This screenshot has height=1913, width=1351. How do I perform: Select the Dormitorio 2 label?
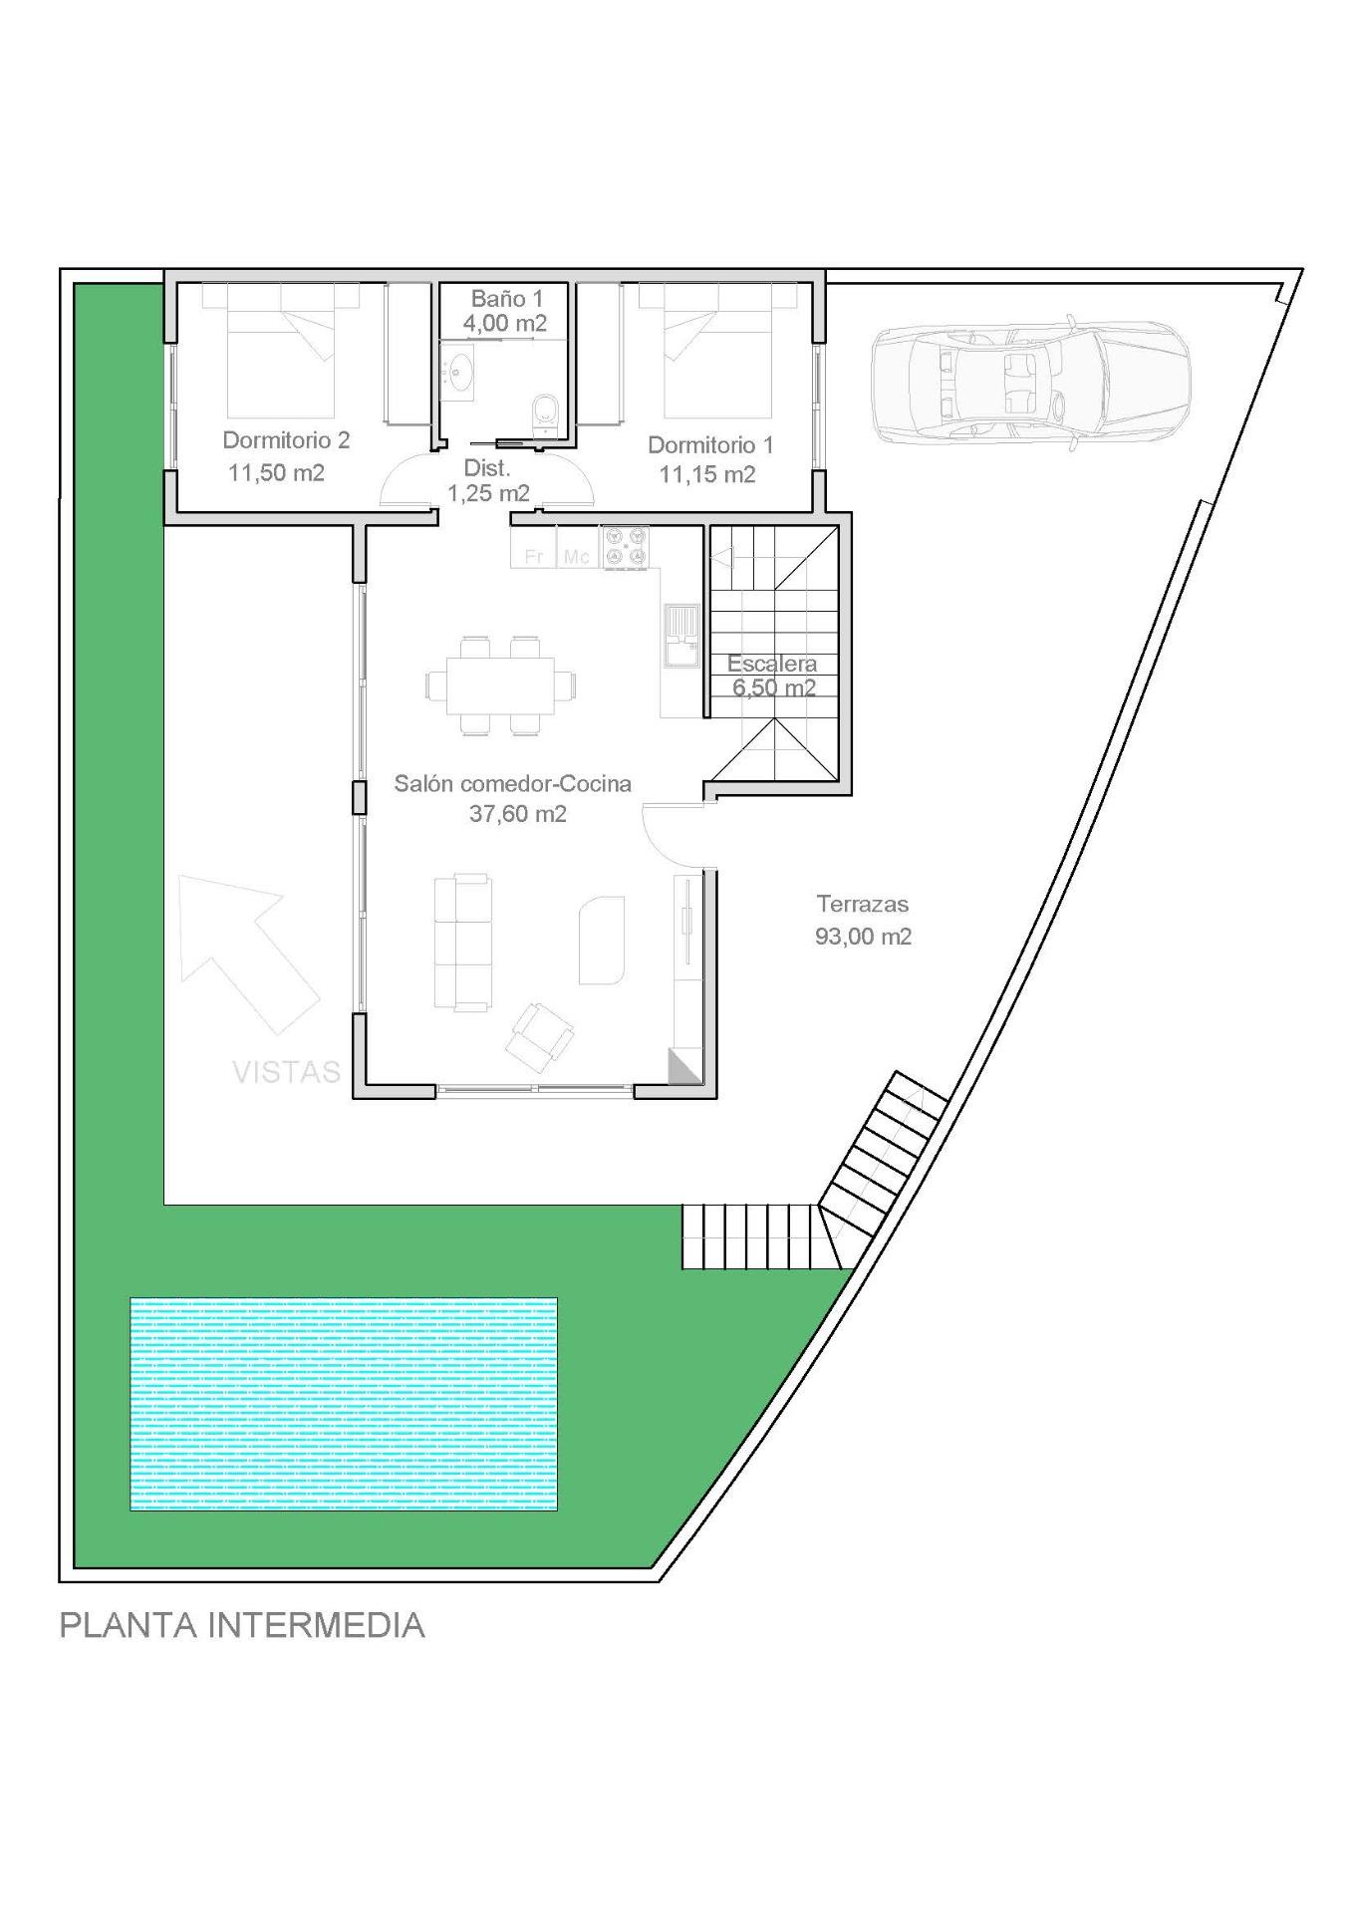click(x=286, y=439)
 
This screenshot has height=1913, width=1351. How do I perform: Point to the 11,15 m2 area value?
click(x=706, y=474)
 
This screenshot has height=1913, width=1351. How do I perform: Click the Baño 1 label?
click(x=506, y=298)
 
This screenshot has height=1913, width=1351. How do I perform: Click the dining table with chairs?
click(x=500, y=684)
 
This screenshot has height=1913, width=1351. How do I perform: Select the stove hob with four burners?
click(x=625, y=548)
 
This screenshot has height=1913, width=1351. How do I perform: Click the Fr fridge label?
click(x=534, y=556)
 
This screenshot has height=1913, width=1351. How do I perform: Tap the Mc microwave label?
click(x=576, y=556)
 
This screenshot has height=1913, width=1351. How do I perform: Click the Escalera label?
click(x=771, y=664)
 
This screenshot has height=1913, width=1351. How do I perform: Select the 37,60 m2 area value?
click(x=517, y=814)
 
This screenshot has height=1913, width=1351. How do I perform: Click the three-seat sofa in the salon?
click(x=462, y=942)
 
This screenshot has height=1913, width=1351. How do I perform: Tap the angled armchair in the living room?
click(x=539, y=1033)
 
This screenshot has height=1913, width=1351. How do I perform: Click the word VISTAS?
click(x=286, y=1072)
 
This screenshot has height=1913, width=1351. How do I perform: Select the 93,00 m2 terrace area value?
click(x=863, y=937)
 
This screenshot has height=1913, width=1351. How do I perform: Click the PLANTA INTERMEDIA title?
click(x=242, y=1625)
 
